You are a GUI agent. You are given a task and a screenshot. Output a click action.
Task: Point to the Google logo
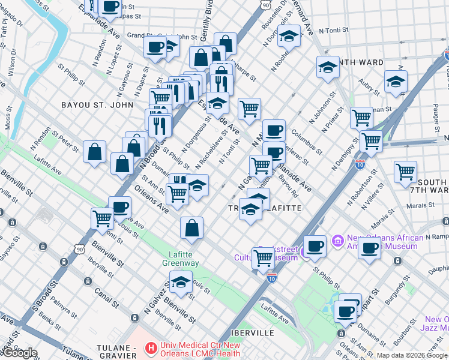tap(19, 353)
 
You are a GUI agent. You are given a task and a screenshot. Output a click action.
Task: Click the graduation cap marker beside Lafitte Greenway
tap(181, 281)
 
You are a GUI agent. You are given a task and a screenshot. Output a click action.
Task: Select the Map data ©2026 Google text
tap(412, 355)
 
